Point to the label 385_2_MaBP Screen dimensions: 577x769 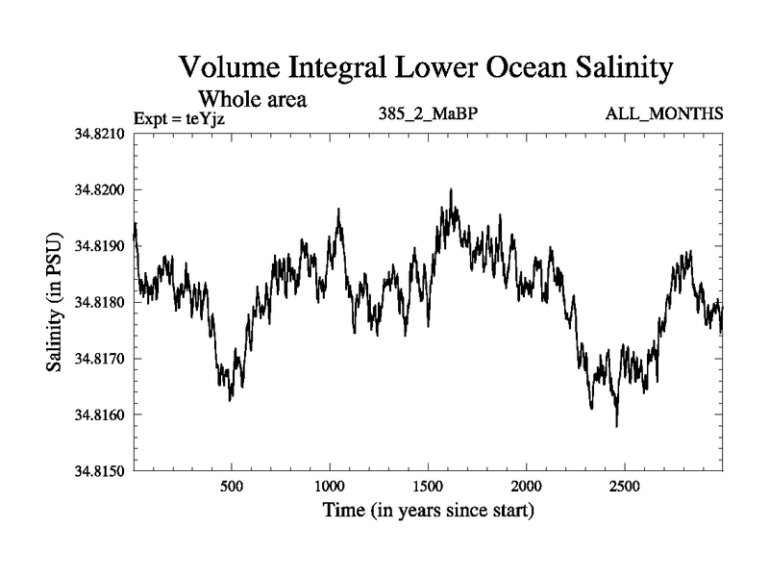(429, 114)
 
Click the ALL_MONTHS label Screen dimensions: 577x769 (663, 114)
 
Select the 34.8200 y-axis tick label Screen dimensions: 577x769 (100, 189)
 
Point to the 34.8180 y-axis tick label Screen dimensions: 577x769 (100, 302)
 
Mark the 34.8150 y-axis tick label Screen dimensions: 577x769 (100, 471)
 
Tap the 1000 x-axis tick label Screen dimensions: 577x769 (330, 486)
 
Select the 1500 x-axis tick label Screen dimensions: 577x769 (428, 486)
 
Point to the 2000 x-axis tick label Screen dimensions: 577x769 (526, 486)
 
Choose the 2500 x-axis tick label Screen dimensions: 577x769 (624, 486)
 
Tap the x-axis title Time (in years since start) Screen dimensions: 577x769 (428, 510)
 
